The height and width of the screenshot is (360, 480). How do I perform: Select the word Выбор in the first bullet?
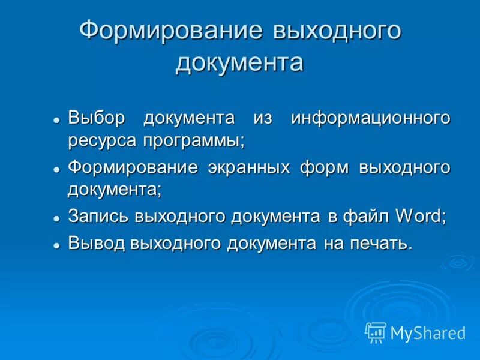tap(97, 117)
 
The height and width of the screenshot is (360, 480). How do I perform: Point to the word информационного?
tap(371, 117)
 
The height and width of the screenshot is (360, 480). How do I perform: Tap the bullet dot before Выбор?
tap(56, 119)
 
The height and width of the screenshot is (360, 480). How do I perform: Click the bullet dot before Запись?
tap(56, 218)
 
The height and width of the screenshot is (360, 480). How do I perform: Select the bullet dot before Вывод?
tap(56, 245)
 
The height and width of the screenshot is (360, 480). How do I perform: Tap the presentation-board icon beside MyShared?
tap(376, 332)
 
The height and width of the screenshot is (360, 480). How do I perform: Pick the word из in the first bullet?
tap(263, 117)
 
